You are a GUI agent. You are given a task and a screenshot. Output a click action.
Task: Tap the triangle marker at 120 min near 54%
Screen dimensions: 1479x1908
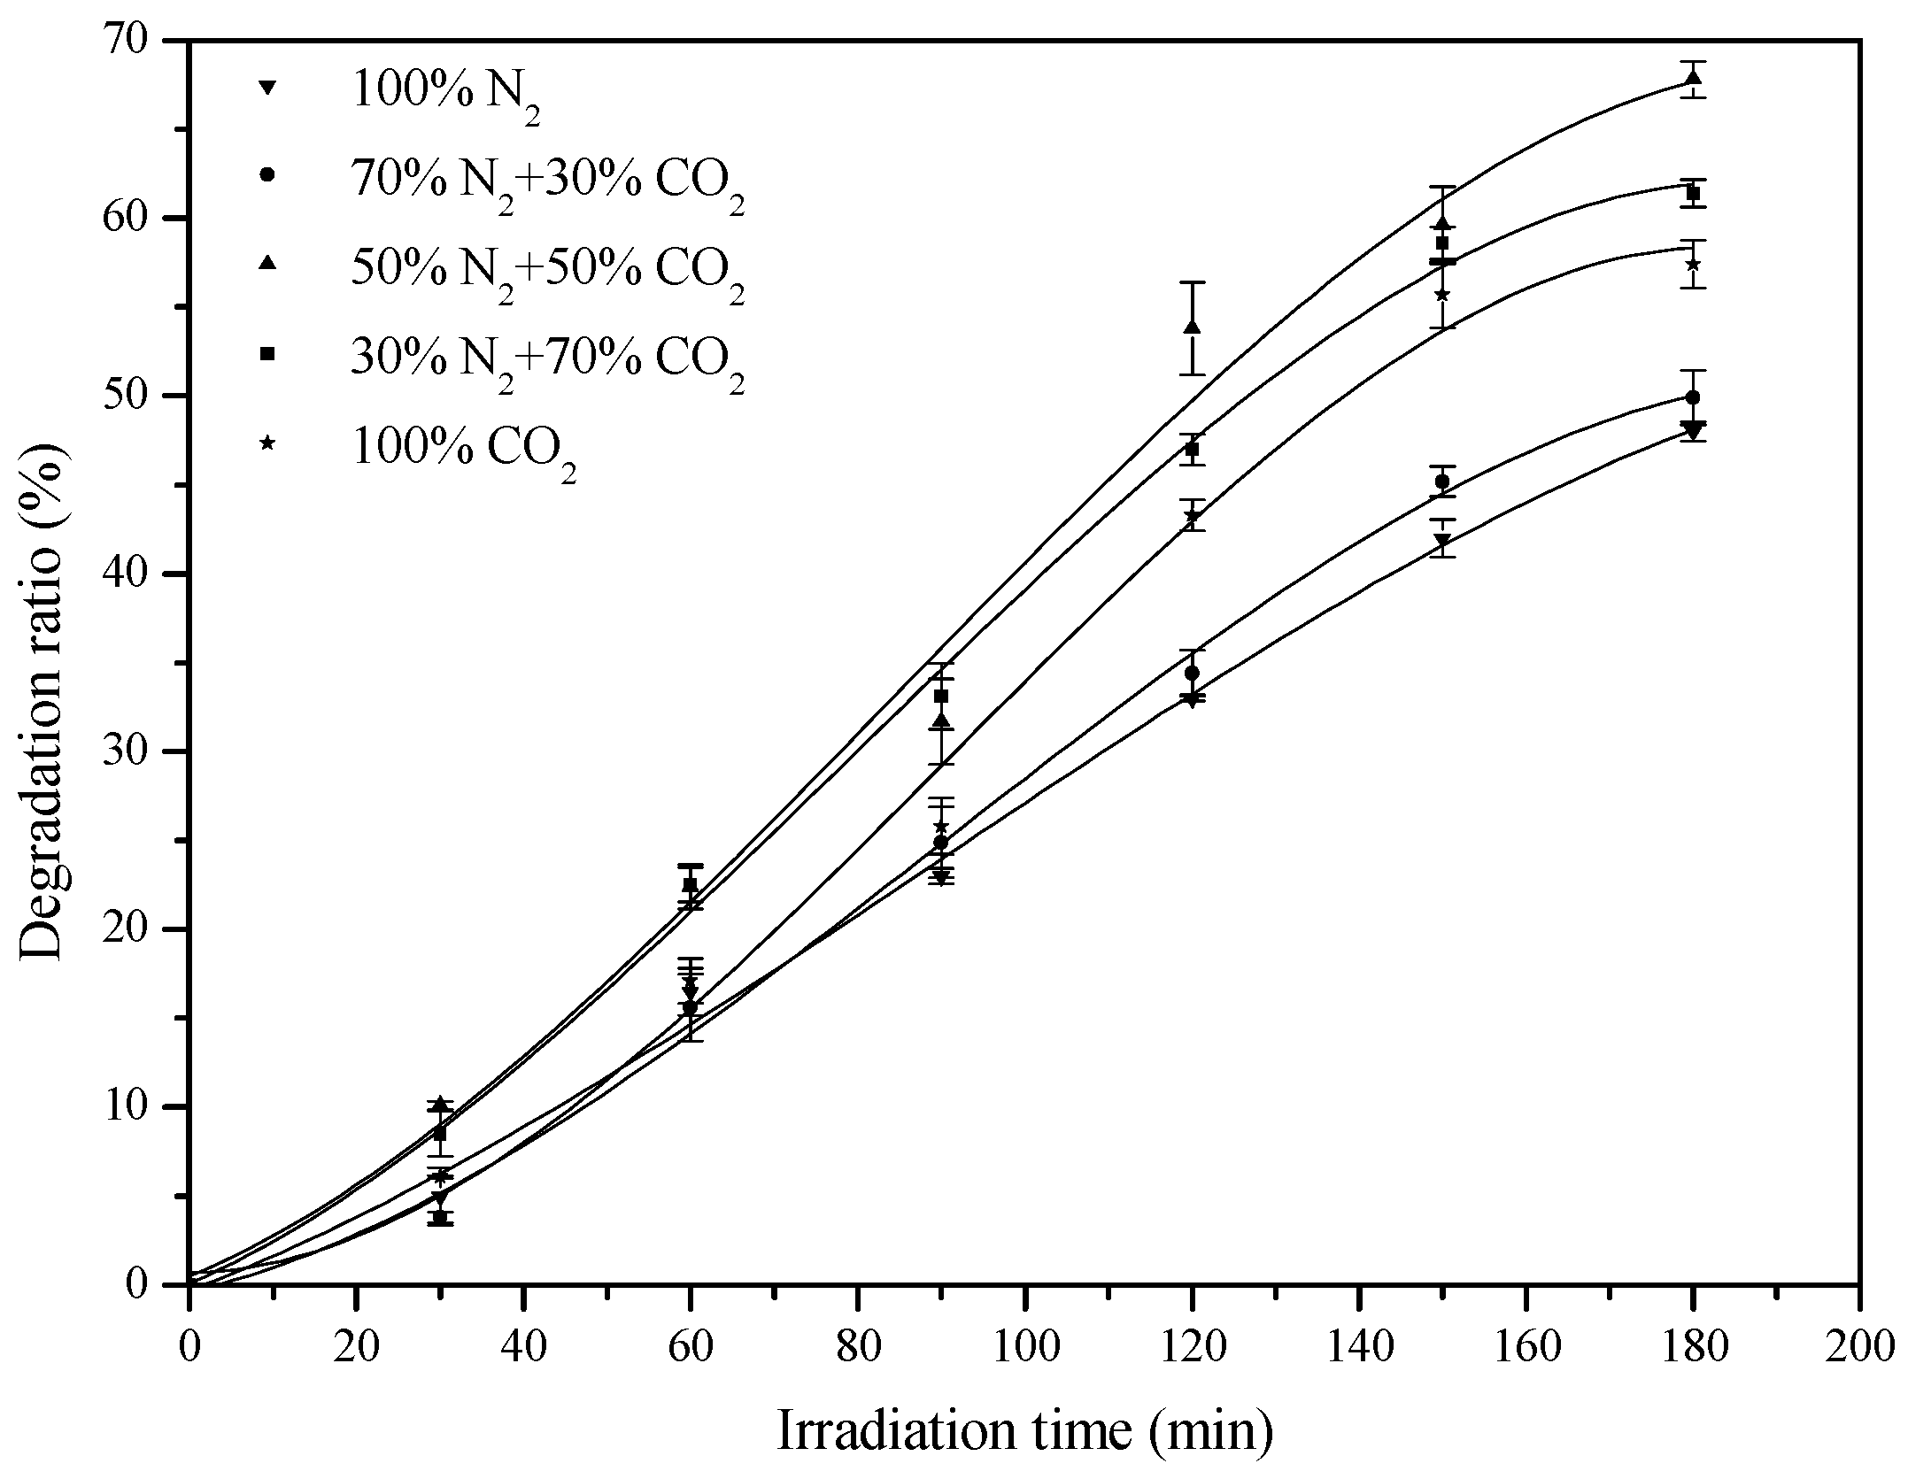(1192, 327)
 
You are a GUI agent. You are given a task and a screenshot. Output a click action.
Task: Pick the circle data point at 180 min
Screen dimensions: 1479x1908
(1693, 397)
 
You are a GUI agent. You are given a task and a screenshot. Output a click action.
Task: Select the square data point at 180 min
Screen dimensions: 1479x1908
(1693, 193)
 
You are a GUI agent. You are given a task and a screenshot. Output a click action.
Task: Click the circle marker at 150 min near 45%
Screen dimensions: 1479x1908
(1442, 481)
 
